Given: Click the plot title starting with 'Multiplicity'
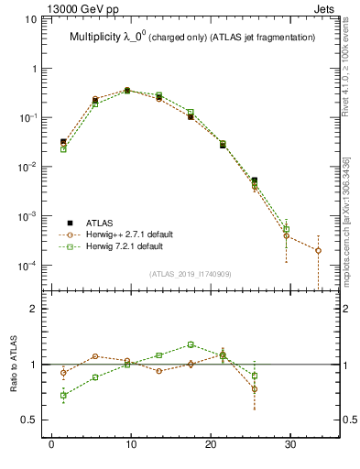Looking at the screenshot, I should (x=192, y=38).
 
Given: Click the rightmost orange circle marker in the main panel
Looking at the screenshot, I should (x=318, y=250).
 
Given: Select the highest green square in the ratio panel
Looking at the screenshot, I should (x=191, y=344).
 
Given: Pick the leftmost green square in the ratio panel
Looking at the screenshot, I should (x=63, y=396).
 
